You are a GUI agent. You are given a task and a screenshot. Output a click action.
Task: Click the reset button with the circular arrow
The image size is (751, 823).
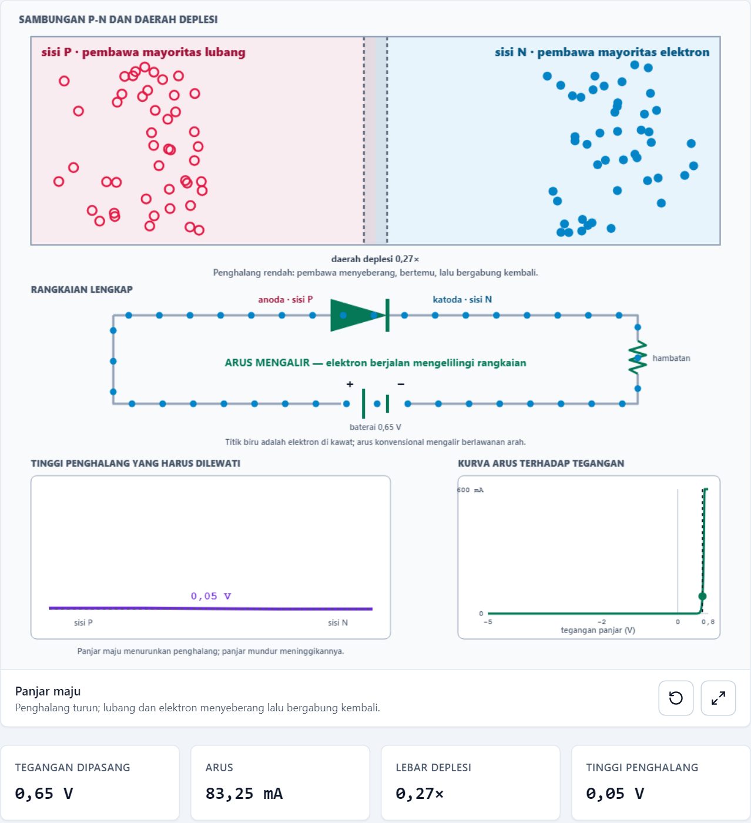[x=676, y=698]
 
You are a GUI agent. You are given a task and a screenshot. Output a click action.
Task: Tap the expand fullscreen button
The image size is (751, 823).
[x=718, y=698]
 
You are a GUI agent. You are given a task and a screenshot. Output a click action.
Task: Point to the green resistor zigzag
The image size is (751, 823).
[x=638, y=357]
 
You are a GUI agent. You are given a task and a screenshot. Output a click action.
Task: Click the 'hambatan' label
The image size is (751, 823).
[x=671, y=358]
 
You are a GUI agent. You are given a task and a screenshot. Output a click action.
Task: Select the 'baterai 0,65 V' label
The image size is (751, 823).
[x=375, y=427]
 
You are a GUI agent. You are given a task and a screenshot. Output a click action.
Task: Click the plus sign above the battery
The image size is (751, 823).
[x=350, y=384]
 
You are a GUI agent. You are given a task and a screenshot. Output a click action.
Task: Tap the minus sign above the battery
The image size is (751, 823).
[x=401, y=384]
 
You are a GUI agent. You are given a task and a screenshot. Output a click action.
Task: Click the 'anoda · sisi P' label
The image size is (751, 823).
[x=285, y=299]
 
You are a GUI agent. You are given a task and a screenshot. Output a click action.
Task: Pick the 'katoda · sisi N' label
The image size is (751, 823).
[x=462, y=299]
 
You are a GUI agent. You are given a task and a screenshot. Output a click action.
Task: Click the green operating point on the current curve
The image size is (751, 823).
[x=702, y=596]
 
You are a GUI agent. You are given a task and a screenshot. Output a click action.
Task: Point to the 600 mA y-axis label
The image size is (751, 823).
[x=470, y=490]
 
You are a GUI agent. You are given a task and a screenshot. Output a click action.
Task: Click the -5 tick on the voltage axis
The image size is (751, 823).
[x=488, y=622]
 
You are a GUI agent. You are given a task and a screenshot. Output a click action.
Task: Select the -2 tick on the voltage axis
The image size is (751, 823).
[x=601, y=622]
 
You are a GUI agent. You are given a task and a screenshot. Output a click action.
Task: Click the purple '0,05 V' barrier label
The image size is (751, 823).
[x=211, y=596]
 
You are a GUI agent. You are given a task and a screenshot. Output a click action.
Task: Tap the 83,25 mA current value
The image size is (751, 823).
[x=244, y=794]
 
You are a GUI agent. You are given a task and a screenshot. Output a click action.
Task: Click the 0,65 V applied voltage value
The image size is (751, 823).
[x=44, y=794]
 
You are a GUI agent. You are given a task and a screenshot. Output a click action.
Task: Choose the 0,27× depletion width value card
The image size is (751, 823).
[x=471, y=783]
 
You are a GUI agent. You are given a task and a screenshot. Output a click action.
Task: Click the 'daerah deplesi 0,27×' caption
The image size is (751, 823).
[x=375, y=259]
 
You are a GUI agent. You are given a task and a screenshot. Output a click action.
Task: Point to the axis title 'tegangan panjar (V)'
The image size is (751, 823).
[x=598, y=630]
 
